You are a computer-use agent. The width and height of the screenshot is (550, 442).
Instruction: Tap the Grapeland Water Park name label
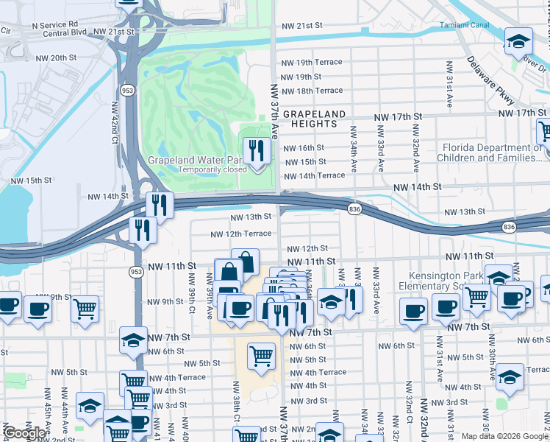click(x=195, y=159)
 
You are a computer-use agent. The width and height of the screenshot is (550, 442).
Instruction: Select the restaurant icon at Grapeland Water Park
click(x=256, y=152)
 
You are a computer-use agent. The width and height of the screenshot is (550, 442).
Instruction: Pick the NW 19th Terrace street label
click(x=312, y=63)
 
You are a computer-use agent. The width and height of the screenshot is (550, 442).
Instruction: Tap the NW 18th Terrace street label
click(x=312, y=91)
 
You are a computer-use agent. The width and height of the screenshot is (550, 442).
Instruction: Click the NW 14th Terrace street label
click(x=314, y=175)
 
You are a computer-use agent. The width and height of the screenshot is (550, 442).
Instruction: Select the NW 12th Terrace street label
click(x=240, y=234)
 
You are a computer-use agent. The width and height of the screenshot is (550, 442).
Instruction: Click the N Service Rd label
click(x=54, y=24)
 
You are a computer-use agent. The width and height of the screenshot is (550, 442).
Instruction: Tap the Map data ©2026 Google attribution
click(x=504, y=436)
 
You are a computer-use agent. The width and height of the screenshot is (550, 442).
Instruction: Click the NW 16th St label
click(x=304, y=148)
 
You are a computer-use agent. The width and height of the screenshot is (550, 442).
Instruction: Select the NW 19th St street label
click(x=299, y=77)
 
